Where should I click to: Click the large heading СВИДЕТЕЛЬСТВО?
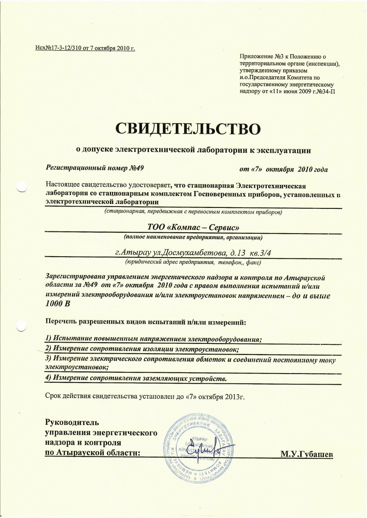pyautogui.click(x=188, y=129)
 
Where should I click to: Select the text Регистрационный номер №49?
pyautogui.click(x=95, y=168)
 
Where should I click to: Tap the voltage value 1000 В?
pyautogui.click(x=58, y=304)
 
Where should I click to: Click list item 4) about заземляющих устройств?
pyautogui.click(x=136, y=378)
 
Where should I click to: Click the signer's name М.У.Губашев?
pyautogui.click(x=307, y=454)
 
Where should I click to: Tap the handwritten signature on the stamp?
pyautogui.click(x=203, y=449)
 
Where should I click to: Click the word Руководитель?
pyautogui.click(x=72, y=422)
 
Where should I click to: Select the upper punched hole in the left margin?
pyautogui.click(x=22, y=186)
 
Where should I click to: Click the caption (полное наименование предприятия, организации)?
pyautogui.click(x=193, y=237)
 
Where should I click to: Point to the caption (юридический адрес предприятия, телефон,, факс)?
pyautogui.click(x=193, y=262)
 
